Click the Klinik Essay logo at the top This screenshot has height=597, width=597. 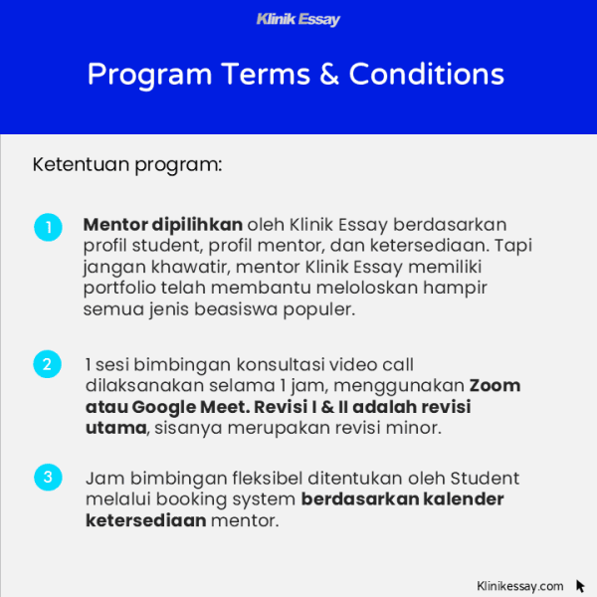298,19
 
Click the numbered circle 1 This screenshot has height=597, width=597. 48,227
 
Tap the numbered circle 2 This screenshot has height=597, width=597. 48,364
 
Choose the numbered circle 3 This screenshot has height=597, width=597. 48,477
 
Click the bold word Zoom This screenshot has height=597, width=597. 495,385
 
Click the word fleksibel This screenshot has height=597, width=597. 250,478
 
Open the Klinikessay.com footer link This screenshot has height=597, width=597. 520,586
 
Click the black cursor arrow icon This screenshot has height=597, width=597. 580,586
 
